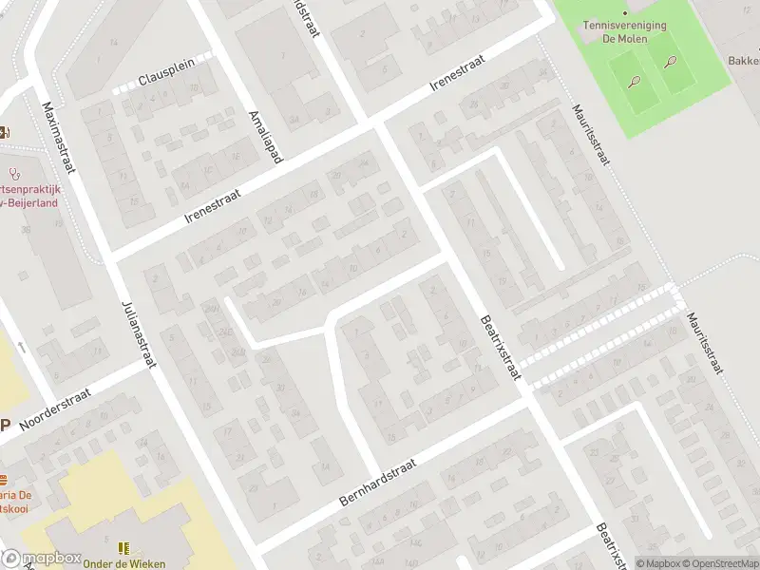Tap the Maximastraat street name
tap(58, 136)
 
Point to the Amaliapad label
tap(263, 134)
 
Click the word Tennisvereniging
tap(624, 26)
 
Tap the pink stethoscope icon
tap(13, 174)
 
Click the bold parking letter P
tap(5, 426)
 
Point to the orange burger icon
tap(3, 478)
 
